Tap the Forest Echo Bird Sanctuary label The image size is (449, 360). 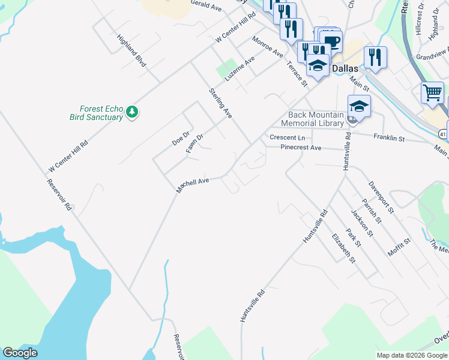point(95,113)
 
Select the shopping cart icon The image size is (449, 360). point(432,93)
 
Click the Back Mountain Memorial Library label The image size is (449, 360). point(316,119)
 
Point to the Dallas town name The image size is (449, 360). point(345,68)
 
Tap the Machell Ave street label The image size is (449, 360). point(193,184)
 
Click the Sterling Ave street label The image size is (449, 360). point(220,103)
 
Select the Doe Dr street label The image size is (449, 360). point(181,137)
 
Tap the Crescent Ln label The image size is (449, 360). point(288,137)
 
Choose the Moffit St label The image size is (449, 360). point(399,247)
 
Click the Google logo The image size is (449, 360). point(20,353)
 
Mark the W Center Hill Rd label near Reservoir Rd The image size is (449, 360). point(68,154)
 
